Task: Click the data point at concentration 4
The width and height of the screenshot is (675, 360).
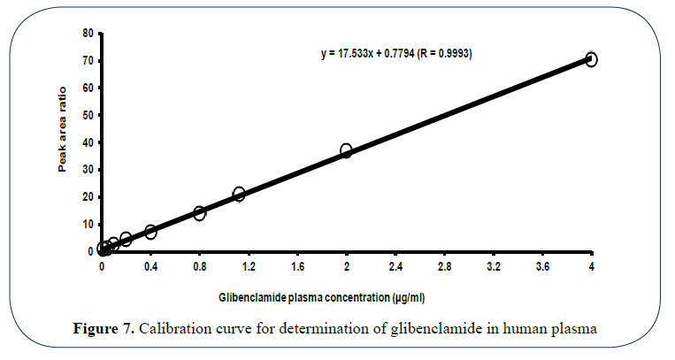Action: click(591, 59)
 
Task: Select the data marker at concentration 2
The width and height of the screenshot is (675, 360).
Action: click(347, 151)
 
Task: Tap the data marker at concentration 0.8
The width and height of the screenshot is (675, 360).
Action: click(200, 213)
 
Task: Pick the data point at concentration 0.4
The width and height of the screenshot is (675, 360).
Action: click(151, 232)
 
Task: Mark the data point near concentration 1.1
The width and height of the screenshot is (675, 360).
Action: click(239, 194)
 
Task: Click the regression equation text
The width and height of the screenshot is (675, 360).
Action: click(396, 54)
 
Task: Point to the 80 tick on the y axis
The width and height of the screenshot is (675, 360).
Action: click(87, 33)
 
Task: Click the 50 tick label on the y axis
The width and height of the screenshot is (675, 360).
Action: click(87, 115)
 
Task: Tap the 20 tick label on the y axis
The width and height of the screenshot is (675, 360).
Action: click(87, 196)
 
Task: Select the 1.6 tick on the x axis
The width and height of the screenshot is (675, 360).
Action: click(297, 264)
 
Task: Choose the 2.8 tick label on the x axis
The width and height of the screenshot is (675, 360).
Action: click(444, 264)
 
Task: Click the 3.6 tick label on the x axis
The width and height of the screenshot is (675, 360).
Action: click(542, 264)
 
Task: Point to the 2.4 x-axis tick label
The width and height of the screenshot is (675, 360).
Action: click(395, 264)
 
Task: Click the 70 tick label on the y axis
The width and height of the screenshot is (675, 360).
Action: click(87, 60)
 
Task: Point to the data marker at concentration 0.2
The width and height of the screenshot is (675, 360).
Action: click(127, 239)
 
